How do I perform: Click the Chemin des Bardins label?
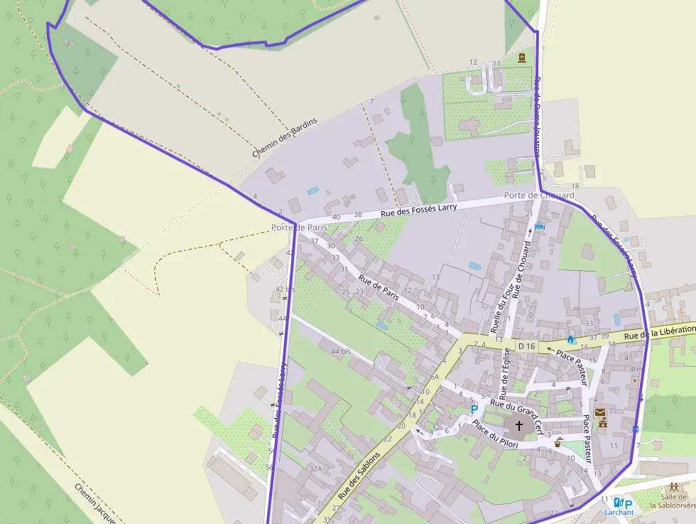(284, 138)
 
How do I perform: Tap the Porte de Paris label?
(299, 228)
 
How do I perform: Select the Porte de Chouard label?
(539, 196)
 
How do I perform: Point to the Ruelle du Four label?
(501, 304)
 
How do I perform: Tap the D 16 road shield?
(526, 346)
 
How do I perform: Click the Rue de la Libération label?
(659, 332)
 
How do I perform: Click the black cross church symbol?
(519, 426)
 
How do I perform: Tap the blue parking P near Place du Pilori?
(474, 409)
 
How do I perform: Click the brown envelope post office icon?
(601, 413)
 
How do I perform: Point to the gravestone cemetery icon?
(522, 58)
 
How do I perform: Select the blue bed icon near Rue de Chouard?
(539, 226)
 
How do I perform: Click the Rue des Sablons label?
(359, 474)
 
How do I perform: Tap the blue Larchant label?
(619, 512)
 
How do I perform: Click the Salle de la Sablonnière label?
(673, 501)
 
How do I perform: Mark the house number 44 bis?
(341, 351)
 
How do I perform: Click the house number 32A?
(315, 469)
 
